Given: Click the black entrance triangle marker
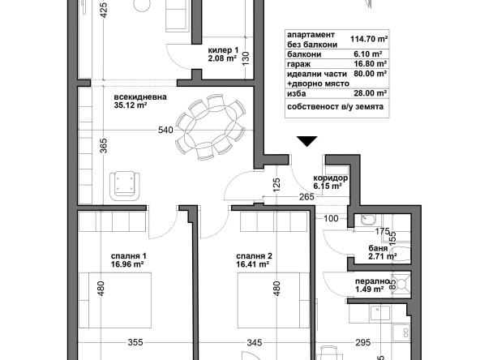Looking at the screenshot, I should click(306, 142).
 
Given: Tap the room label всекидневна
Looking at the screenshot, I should click(140, 96).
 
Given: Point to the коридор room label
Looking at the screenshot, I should click(331, 178).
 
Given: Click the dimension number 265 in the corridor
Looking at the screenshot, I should click(306, 195).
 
